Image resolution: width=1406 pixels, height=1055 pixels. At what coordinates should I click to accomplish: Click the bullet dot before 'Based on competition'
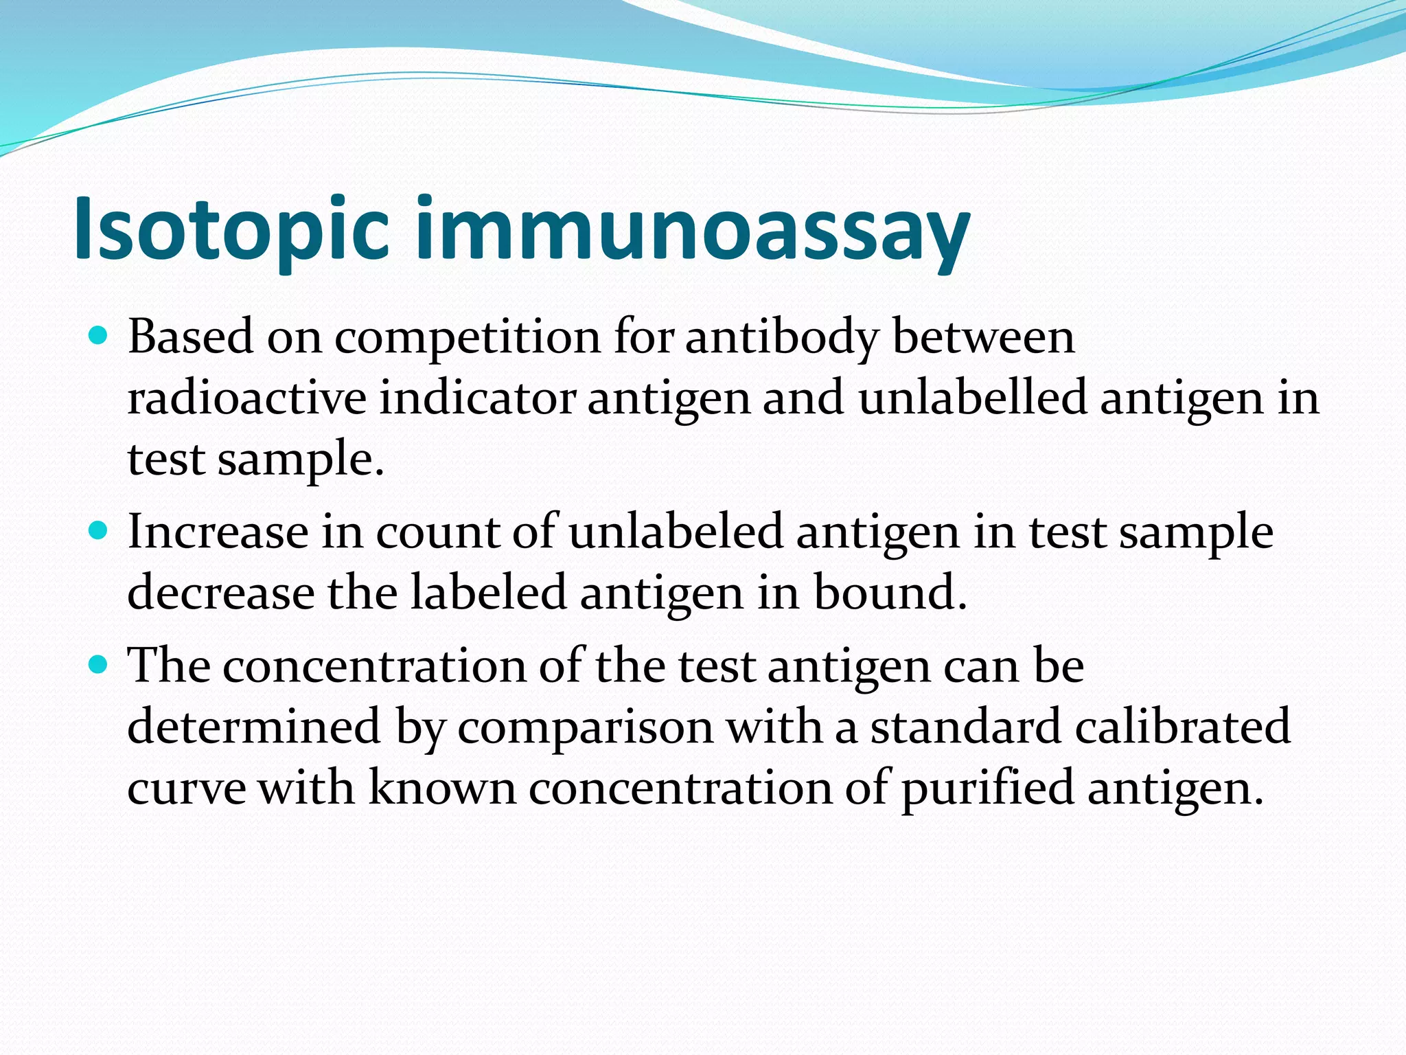(x=100, y=336)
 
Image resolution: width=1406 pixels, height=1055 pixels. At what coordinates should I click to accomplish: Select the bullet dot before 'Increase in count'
(x=100, y=531)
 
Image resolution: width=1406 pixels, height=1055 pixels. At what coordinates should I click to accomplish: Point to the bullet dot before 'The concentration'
(x=100, y=665)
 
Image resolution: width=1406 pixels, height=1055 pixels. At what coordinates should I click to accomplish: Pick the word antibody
(x=782, y=338)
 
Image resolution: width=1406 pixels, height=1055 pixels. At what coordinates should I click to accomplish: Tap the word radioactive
(x=247, y=398)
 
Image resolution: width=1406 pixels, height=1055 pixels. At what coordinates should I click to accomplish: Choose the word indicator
(x=477, y=398)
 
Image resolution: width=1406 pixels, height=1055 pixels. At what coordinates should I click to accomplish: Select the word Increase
(x=218, y=532)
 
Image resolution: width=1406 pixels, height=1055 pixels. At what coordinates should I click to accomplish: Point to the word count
(x=437, y=534)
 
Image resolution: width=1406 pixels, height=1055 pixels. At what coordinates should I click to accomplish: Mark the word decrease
(x=221, y=593)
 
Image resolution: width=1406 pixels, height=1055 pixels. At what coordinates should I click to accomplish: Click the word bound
(x=890, y=593)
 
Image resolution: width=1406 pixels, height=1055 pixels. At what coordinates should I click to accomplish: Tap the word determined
(x=254, y=727)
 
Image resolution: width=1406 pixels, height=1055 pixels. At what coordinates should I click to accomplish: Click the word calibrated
(x=1183, y=727)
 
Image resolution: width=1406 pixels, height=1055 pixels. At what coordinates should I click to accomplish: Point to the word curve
(x=187, y=789)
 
